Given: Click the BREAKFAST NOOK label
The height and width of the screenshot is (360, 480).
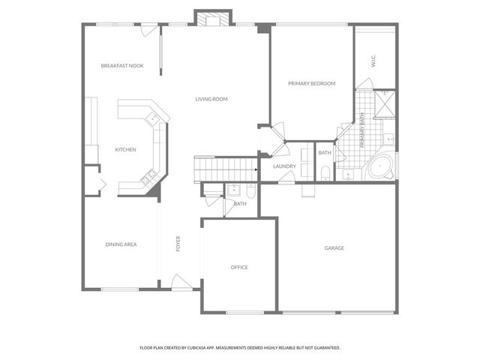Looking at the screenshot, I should point(122,66).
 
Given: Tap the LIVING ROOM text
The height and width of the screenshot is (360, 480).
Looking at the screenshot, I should point(211,99).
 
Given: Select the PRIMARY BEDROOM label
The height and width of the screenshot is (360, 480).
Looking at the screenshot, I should point(312,83).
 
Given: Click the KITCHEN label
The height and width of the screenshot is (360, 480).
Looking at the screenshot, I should point(125,150).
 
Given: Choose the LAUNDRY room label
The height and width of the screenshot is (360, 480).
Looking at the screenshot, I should point(284,166).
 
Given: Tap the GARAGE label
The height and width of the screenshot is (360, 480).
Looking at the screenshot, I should point(334,248).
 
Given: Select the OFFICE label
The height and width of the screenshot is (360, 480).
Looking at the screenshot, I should point(239,267).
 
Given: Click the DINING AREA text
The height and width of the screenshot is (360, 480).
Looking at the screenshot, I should point(121,244).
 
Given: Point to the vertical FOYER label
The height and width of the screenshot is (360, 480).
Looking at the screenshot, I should point(178,244).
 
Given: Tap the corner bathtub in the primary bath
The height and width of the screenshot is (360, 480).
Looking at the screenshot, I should point(381,166).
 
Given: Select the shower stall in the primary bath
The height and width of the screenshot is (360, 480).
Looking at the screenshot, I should point(384,104).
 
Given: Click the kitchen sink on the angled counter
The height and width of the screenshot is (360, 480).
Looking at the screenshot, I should point(153,118).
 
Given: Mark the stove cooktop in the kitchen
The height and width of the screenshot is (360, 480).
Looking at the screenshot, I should point(148,177).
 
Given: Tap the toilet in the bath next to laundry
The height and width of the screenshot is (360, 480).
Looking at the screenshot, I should point(325,173).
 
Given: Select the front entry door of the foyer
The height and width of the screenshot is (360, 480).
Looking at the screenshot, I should point(182,283).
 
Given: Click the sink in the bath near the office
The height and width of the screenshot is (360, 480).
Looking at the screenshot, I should point(233,189).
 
